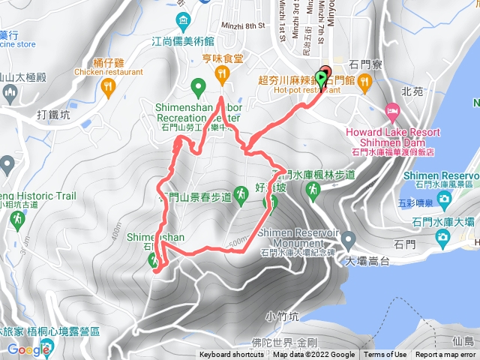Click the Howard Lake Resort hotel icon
[x=391, y=111]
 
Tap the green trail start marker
[x=322, y=76]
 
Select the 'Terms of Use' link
[x=385, y=355]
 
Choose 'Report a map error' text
[x=445, y=355]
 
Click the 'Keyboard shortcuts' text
[x=231, y=355]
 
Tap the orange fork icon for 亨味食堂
[x=221, y=73]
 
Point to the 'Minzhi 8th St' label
[x=244, y=26]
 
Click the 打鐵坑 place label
[x=53, y=115]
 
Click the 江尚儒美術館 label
[x=183, y=42]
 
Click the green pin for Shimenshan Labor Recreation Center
[x=198, y=88]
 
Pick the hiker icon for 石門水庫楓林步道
[x=313, y=193]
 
